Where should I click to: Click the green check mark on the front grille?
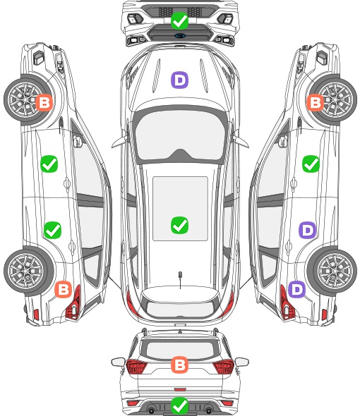179,20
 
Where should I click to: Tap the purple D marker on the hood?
179,80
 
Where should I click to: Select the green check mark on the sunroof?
179,225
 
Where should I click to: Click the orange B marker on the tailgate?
179,365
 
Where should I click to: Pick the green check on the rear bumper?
179,405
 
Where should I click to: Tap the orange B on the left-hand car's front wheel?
44,102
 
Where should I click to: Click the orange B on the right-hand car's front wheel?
315,102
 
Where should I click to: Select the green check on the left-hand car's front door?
49,164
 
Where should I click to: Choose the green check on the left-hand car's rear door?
53,230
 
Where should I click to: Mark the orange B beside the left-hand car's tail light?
64,290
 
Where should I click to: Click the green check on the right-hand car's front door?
311,164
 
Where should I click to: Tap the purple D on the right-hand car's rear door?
308,230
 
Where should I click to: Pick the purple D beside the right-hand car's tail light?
296,290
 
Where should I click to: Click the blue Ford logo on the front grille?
180,36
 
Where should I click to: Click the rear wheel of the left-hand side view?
29,271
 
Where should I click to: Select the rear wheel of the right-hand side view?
332,271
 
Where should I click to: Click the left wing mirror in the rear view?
118,362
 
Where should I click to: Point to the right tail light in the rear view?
224,367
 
